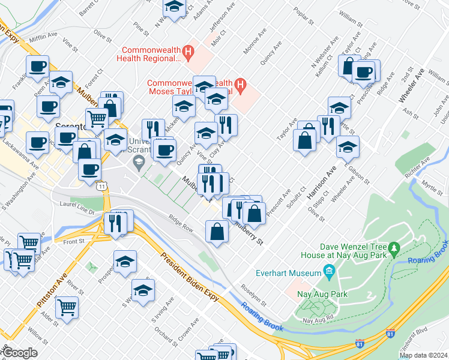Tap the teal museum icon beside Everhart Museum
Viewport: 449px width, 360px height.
329,274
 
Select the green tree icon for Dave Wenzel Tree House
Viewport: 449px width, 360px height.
394,247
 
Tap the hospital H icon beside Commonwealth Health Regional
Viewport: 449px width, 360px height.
188,53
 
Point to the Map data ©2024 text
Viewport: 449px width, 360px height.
423,355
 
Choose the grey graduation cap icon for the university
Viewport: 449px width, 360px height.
139,161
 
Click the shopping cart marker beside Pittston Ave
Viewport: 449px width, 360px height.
67,307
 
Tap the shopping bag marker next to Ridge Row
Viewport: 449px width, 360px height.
217,231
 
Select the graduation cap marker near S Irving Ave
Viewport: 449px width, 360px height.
143,291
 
